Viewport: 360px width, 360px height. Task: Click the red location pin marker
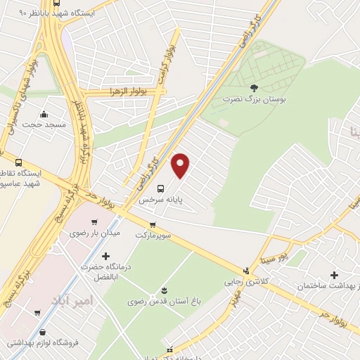(x=181, y=165)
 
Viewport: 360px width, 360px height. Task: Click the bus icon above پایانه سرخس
(x=160, y=188)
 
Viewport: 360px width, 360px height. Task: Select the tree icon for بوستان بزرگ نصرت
(x=254, y=87)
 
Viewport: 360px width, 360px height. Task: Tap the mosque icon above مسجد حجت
(x=44, y=114)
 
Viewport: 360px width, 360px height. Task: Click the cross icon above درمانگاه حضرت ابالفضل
(x=105, y=256)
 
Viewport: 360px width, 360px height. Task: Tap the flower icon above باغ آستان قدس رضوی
(x=164, y=290)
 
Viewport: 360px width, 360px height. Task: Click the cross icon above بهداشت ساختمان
(x=334, y=275)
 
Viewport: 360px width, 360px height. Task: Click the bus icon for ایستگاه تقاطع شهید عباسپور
(x=18, y=162)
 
